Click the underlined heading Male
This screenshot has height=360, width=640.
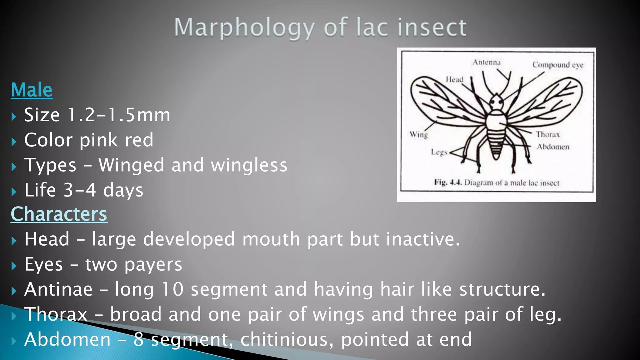click(x=32, y=90)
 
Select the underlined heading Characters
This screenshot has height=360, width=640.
click(x=59, y=214)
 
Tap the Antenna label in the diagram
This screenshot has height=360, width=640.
click(x=486, y=62)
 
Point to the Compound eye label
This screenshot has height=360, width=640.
click(x=558, y=65)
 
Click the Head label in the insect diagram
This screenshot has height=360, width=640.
click(x=454, y=79)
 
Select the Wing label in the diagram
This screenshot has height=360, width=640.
click(x=419, y=134)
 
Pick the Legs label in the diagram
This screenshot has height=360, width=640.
click(x=439, y=152)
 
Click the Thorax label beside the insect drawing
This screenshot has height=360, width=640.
click(x=548, y=134)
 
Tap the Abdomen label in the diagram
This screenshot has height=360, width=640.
click(x=553, y=147)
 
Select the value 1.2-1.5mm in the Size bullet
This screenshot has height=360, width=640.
click(x=119, y=115)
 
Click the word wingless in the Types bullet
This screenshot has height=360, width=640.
click(x=249, y=165)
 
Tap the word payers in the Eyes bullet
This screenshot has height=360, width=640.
click(x=153, y=265)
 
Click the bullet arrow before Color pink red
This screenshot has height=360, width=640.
click(x=13, y=142)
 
